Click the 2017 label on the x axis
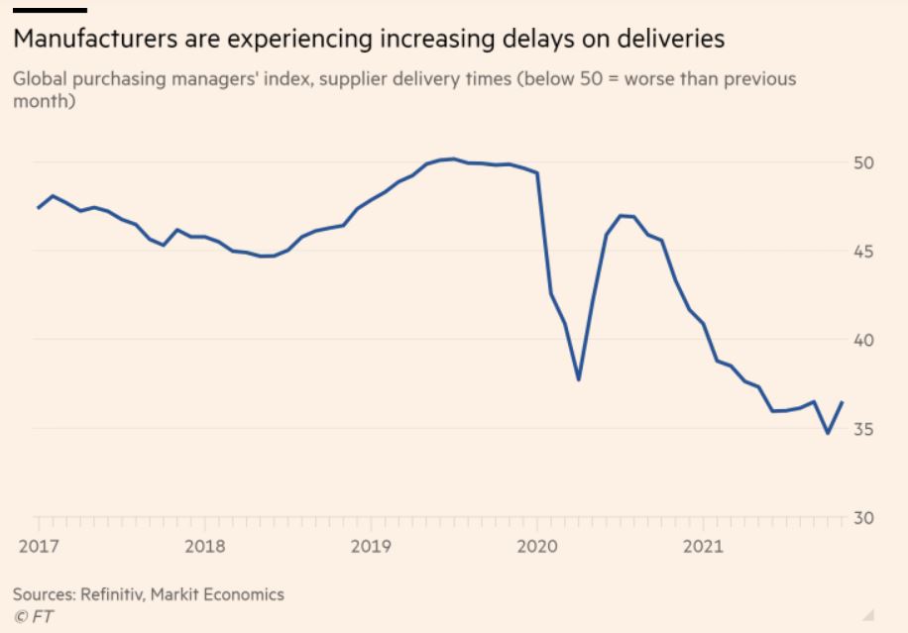(39, 546)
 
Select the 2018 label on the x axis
(205, 546)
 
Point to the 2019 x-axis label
(371, 546)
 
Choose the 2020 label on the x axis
(537, 546)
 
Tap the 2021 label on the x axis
(704, 546)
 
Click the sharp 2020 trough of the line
(578, 379)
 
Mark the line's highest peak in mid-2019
(453, 158)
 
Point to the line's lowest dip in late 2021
(828, 433)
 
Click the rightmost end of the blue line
(842, 402)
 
